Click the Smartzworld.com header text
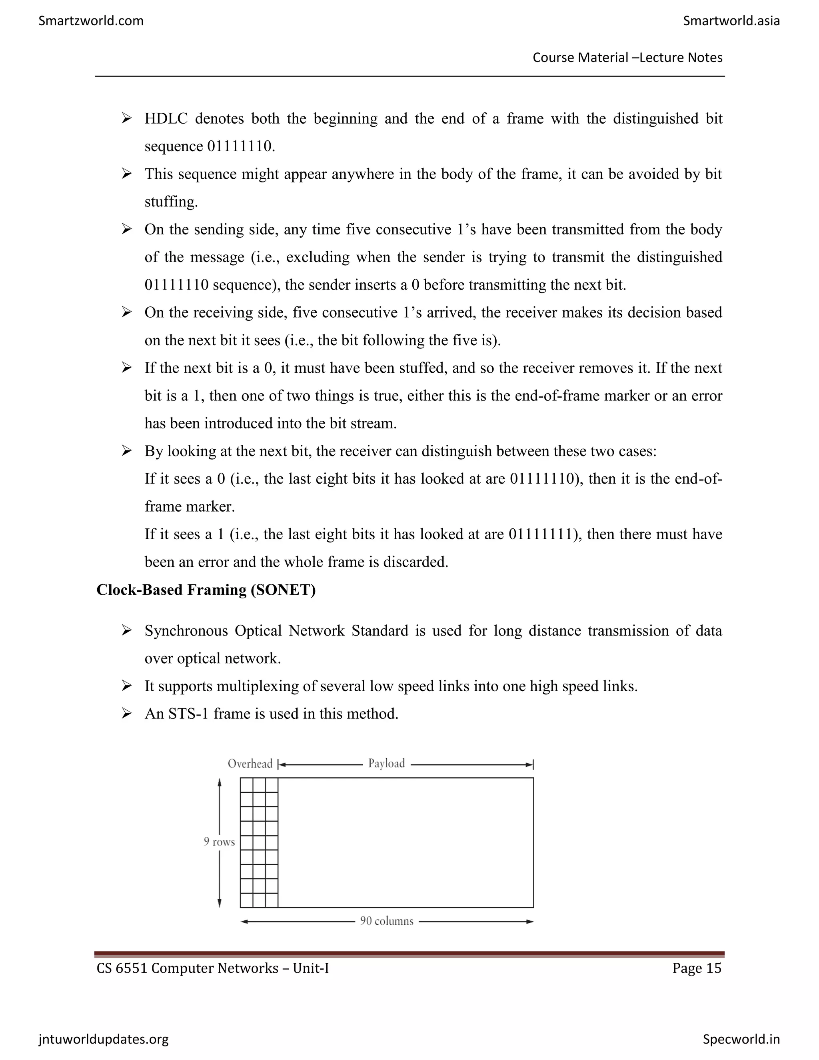pyautogui.click(x=91, y=21)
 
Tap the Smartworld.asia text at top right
pyautogui.click(x=731, y=21)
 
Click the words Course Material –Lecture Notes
pyautogui.click(x=627, y=58)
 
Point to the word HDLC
pyautogui.click(x=166, y=119)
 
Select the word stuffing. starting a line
pyautogui.click(x=171, y=202)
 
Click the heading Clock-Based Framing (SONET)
pyautogui.click(x=206, y=590)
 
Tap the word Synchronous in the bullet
pyautogui.click(x=186, y=631)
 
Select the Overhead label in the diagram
pyautogui.click(x=250, y=764)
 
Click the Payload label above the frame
pyautogui.click(x=386, y=764)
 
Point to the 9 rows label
pyautogui.click(x=219, y=842)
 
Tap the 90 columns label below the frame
pyautogui.click(x=387, y=921)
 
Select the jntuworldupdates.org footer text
pyautogui.click(x=103, y=1039)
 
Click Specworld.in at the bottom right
pyautogui.click(x=741, y=1039)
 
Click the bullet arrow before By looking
pyautogui.click(x=127, y=451)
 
